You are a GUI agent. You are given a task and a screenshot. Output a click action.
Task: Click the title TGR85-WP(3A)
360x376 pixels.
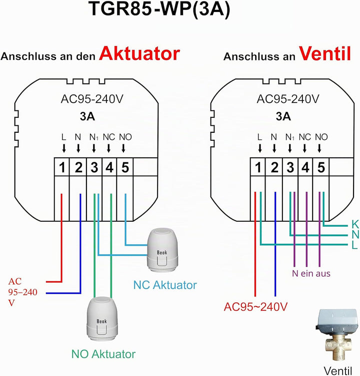pos(159,9)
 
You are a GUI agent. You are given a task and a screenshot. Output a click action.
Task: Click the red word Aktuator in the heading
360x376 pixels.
pos(139,53)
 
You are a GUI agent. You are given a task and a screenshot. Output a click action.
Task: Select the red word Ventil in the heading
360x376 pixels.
pos(325,53)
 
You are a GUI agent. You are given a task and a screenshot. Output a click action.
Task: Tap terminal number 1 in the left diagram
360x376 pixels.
pos(62,167)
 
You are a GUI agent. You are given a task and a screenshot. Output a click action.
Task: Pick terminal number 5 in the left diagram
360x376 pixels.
pos(125,167)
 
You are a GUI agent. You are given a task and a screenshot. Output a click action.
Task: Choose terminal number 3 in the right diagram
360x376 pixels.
pos(290,167)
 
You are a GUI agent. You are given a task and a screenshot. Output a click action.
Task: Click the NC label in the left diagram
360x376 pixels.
pos(109,137)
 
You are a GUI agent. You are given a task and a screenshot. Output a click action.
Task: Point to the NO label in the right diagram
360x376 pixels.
pos(321,137)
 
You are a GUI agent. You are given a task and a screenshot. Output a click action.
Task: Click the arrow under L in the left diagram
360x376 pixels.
pos(63,148)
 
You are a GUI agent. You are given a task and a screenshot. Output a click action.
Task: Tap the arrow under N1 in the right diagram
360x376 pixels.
pos(290,148)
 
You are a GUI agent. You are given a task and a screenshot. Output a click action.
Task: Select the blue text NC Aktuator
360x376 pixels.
pos(165,285)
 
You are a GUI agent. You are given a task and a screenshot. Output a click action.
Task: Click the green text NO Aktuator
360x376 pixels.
pos(103,354)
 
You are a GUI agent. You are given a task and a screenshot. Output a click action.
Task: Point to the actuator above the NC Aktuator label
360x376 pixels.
pos(163,250)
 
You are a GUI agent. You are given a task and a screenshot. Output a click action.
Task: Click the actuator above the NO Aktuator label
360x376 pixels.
pos(102,319)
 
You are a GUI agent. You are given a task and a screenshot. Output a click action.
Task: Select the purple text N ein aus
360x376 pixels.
pos(311,273)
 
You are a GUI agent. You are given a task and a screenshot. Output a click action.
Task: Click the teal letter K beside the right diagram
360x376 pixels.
pos(355,224)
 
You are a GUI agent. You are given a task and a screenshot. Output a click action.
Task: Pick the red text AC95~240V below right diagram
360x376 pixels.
pos(255,307)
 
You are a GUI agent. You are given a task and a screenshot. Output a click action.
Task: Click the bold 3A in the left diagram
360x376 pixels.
pos(87,116)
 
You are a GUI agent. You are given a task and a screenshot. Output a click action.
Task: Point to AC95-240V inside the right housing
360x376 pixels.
pos(288,99)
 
